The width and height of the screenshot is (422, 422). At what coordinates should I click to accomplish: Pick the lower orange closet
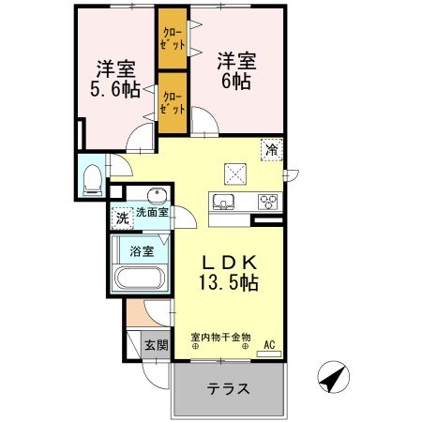click(173, 101)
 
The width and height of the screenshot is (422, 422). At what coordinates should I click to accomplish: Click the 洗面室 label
click(151, 213)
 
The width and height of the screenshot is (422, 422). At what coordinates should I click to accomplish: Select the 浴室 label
click(140, 250)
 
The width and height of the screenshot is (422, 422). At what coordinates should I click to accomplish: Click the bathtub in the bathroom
click(140, 279)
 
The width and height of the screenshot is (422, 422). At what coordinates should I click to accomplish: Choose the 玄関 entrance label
click(156, 345)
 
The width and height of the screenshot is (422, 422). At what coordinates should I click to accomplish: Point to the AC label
click(270, 343)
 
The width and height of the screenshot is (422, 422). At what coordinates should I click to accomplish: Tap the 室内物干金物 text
click(221, 337)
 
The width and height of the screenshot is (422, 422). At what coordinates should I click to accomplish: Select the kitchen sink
click(225, 203)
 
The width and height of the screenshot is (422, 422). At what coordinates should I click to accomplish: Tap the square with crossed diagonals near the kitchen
click(234, 173)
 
